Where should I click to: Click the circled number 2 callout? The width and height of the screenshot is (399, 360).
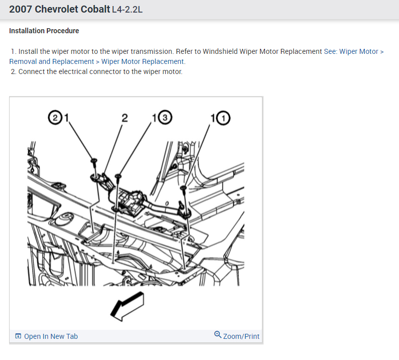coord(53,118)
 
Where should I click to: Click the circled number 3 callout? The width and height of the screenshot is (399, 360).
coord(165,118)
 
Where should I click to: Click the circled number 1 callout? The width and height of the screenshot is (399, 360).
coord(222,118)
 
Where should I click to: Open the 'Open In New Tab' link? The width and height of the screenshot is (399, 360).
coord(51,336)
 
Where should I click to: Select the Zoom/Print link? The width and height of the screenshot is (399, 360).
coord(241,336)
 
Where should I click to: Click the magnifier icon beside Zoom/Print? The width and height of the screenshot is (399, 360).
coord(218,335)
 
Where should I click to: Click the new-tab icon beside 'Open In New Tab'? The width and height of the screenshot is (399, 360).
coord(18,336)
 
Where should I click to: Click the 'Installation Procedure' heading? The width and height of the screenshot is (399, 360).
coord(44,31)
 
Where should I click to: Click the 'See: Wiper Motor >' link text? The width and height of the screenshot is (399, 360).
coord(354,51)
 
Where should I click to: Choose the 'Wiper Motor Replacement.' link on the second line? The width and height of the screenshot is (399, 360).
coord(143,61)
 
